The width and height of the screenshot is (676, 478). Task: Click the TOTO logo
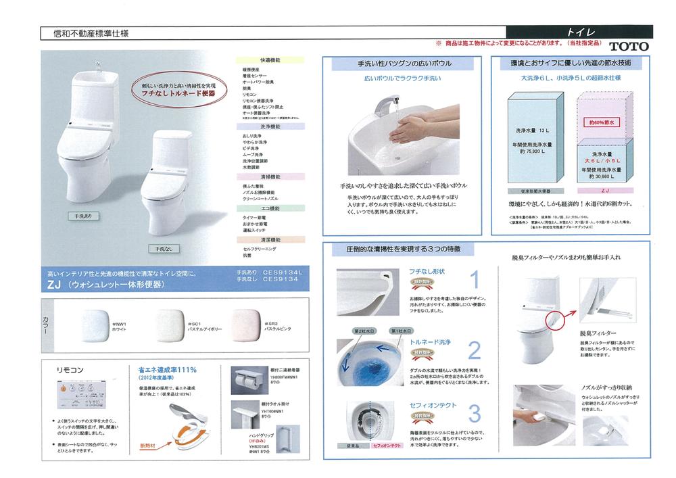click(628, 47)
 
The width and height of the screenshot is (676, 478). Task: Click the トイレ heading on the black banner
click(579, 32)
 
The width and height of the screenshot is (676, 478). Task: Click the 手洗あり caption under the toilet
click(89, 215)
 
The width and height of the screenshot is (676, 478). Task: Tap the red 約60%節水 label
click(599, 122)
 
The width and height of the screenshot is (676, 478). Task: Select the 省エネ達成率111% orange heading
click(167, 369)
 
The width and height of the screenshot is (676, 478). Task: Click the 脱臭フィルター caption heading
click(579, 333)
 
